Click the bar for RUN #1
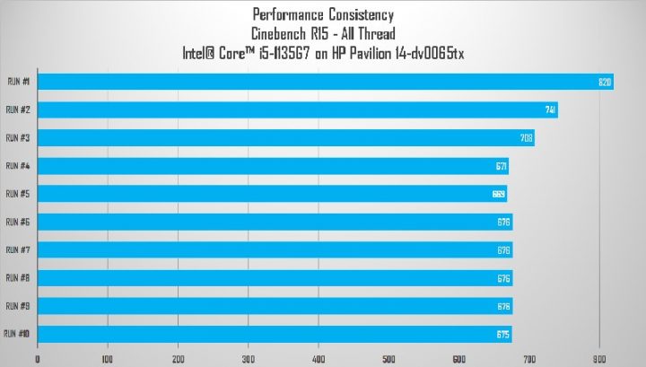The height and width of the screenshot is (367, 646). [323, 83]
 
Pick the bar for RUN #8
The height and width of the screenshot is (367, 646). [275, 278]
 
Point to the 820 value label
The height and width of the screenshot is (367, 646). [605, 83]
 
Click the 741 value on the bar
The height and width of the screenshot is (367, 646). [551, 110]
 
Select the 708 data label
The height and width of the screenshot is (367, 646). [527, 138]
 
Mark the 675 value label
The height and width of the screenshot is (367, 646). [503, 335]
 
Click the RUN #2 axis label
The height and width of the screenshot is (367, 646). [19, 109]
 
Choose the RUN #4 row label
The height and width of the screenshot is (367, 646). [19, 165]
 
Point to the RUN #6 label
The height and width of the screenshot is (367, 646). [19, 222]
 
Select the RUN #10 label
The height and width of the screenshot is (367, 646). [17, 334]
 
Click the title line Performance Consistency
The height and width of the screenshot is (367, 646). [324, 15]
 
